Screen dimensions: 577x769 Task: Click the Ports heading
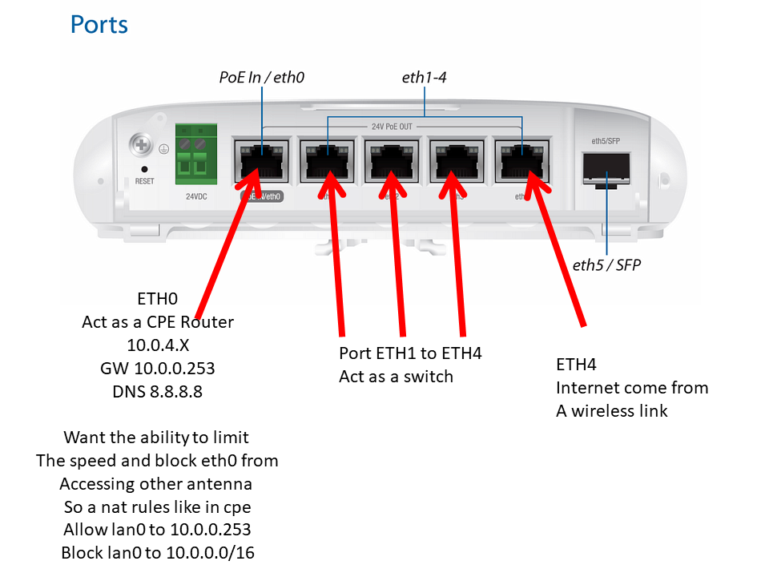click(99, 24)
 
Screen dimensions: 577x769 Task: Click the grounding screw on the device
click(143, 146)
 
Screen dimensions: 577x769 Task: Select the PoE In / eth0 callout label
click(262, 78)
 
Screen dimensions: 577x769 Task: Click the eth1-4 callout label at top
click(425, 78)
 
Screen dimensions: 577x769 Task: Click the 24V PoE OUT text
click(393, 126)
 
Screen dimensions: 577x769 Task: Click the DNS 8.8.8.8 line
click(158, 392)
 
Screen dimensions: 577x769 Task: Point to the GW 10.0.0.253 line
click(158, 369)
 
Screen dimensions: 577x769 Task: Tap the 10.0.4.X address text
click(158, 345)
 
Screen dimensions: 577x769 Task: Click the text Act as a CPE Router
click(158, 322)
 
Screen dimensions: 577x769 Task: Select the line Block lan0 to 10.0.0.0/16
click(158, 552)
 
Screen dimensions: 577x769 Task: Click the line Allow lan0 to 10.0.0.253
click(158, 529)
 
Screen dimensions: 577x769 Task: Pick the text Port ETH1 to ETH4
click(410, 353)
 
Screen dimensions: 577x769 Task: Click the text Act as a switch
click(396, 377)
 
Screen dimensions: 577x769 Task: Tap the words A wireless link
click(612, 411)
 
